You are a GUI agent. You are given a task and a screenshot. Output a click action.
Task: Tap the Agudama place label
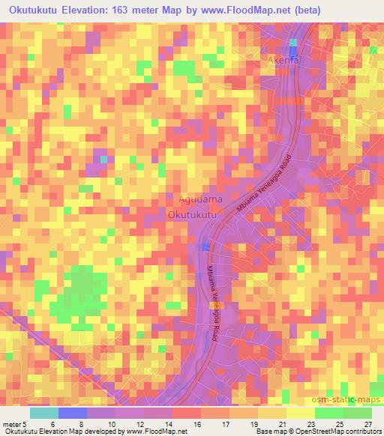(200, 199)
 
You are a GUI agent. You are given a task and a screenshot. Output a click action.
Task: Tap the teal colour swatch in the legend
(44, 412)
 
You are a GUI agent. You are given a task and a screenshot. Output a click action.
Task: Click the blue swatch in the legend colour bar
(72, 412)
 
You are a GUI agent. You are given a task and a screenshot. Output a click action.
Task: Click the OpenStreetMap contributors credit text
(334, 432)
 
